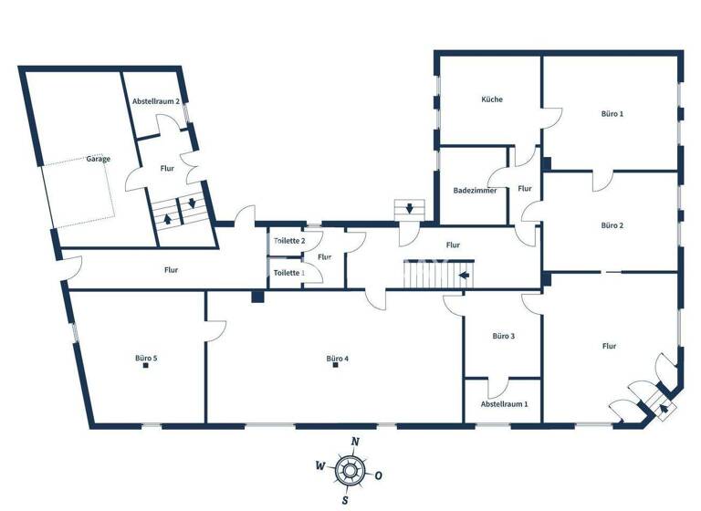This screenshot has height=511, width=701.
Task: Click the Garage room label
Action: [x=99, y=159]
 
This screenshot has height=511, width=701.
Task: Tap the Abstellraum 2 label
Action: [x=155, y=101]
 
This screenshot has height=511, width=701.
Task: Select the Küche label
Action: [x=492, y=99]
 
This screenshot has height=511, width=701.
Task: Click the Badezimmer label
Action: [x=476, y=191]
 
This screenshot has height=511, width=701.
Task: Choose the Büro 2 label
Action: [x=612, y=224]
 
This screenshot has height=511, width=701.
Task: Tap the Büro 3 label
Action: [x=504, y=336]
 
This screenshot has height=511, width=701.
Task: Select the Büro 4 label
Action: [x=338, y=358]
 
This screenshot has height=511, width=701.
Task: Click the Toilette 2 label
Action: [x=289, y=240]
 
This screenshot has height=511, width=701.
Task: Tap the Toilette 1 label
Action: [x=289, y=272]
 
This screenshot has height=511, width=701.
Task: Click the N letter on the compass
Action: [x=355, y=442]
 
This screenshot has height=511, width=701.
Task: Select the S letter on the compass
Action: [x=345, y=500]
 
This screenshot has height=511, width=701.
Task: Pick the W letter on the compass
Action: [x=319, y=464]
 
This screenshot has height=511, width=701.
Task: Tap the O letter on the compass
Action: [x=378, y=474]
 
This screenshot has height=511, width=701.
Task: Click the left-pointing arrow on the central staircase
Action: [x=464, y=274]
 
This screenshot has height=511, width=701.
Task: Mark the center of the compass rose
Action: [x=349, y=471]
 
